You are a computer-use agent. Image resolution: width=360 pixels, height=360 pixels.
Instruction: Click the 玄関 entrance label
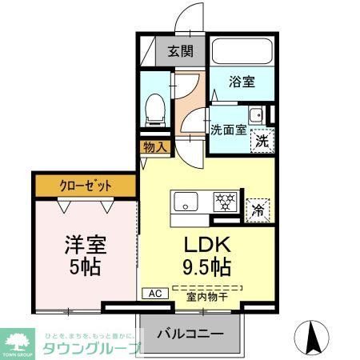[181, 52]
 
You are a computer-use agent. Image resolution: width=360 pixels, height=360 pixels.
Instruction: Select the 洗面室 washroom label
[228, 130]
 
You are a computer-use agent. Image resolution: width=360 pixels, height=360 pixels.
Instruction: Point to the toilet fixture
[156, 107]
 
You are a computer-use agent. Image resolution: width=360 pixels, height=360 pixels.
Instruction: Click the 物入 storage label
[155, 147]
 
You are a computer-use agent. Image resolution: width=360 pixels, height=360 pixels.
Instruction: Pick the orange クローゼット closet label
[86, 186]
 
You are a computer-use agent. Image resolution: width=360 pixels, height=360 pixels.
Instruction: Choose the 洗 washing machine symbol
[261, 139]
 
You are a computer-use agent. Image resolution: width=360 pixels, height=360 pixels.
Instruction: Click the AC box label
[154, 294]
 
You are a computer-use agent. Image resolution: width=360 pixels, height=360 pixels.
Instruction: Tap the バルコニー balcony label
[190, 332]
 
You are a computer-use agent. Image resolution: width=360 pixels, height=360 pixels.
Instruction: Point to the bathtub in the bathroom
[242, 51]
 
